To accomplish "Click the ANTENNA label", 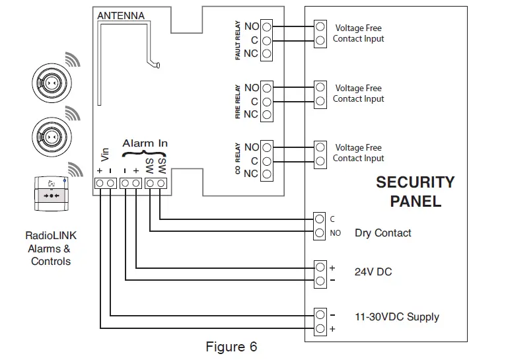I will click(120, 15).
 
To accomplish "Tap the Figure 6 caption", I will click(231, 347).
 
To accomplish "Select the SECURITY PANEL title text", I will click(415, 192).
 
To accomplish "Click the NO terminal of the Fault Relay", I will click(267, 27).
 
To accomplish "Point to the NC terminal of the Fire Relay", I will click(267, 114).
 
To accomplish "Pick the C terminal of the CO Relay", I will click(267, 161).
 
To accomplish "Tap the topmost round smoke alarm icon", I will click(51, 83).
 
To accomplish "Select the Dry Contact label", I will click(382, 233).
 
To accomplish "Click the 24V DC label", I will click(373, 272).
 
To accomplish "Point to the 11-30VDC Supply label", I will click(396, 317).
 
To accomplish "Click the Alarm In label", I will click(145, 143).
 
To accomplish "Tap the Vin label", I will click(104, 156).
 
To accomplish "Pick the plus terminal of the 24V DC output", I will click(320, 268).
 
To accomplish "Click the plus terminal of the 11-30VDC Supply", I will click(320, 328).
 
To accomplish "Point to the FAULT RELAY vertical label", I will click(238, 41).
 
